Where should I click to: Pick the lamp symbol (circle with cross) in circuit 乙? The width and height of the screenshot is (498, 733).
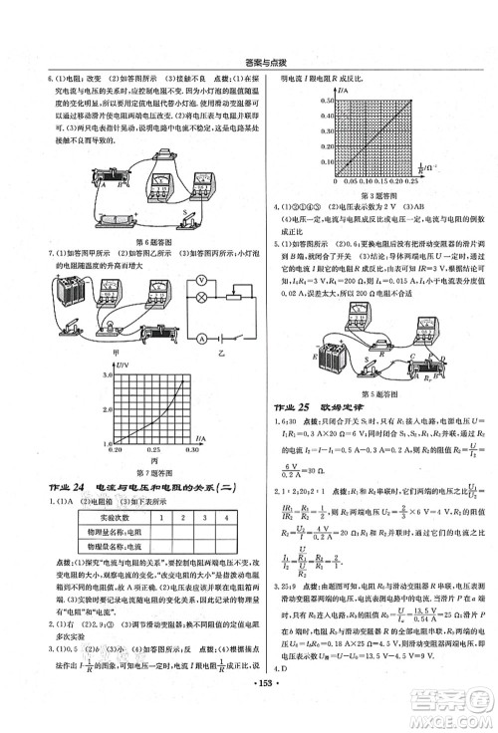pos(201,297)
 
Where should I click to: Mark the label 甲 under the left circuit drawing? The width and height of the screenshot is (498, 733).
pos(74,352)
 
